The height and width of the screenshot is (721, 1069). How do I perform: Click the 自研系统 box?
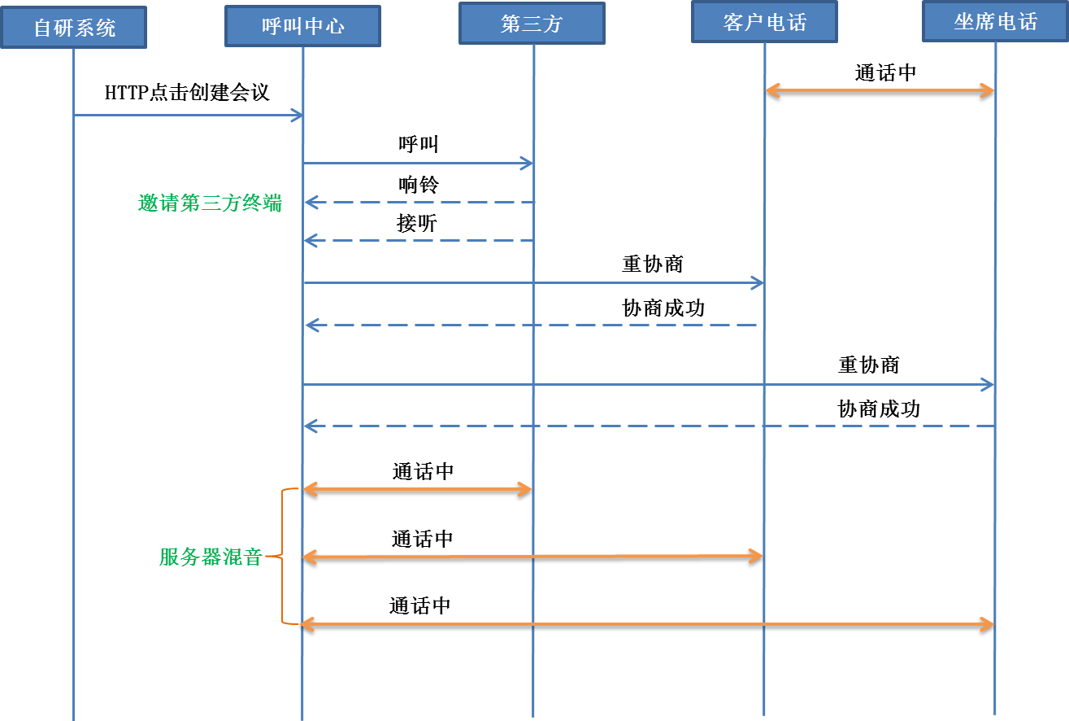click(x=73, y=27)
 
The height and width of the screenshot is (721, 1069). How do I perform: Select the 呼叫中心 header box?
click(x=302, y=26)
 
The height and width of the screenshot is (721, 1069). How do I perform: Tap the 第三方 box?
click(x=532, y=23)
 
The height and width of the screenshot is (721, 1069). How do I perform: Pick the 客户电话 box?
click(x=764, y=22)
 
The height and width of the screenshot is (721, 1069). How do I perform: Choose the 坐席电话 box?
click(x=995, y=21)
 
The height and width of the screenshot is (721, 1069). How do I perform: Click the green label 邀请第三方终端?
click(x=210, y=203)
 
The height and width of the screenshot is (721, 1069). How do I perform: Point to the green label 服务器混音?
click(x=211, y=557)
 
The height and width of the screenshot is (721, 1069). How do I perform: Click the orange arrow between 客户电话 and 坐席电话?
click(x=880, y=90)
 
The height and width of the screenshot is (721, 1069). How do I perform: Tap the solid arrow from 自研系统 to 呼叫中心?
click(x=187, y=116)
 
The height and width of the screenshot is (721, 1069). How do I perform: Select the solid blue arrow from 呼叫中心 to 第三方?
click(x=418, y=164)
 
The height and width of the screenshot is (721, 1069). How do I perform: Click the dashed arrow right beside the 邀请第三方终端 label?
click(x=418, y=202)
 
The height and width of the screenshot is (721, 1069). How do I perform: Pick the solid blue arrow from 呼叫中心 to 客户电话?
click(x=532, y=282)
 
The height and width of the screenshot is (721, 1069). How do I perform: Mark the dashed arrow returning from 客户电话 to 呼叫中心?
click(x=532, y=326)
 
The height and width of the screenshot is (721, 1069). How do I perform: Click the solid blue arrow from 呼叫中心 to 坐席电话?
click(x=648, y=384)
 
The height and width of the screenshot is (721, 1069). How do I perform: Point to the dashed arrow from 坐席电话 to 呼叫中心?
click(x=648, y=426)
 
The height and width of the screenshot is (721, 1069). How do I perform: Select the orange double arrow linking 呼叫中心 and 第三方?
click(x=417, y=489)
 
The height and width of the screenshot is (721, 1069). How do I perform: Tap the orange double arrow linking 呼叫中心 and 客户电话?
click(x=532, y=557)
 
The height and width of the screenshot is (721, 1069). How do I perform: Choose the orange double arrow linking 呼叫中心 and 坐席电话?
click(x=648, y=624)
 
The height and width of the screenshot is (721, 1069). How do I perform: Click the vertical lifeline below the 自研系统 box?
click(x=73, y=407)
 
